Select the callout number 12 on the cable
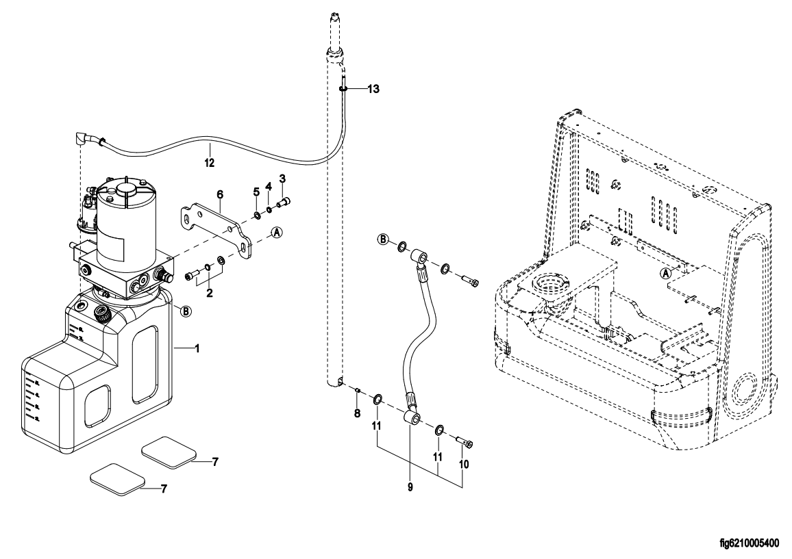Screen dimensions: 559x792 tap(209, 163)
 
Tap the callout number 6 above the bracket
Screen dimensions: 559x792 tap(220, 194)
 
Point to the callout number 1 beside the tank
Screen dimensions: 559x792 tap(197, 349)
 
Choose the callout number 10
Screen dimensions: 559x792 tap(464, 463)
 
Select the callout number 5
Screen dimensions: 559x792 tap(256, 192)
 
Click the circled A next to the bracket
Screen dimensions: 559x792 tap(277, 233)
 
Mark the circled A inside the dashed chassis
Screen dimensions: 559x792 tap(663, 272)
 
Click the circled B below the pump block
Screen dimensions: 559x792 tap(185, 311)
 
